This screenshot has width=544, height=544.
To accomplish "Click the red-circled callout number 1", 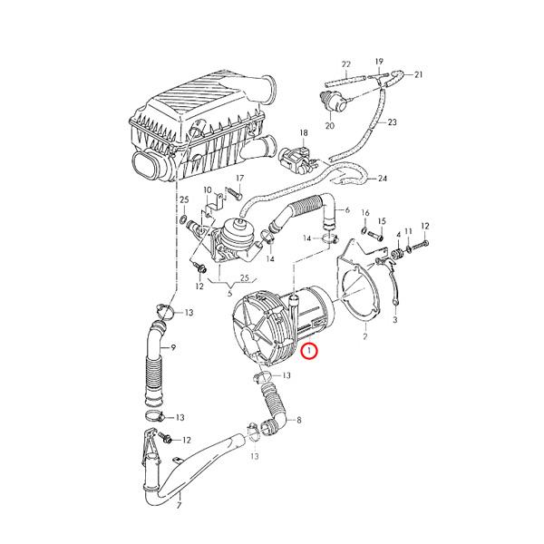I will tap(310, 350).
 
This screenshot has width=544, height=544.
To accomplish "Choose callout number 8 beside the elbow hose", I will tap(298, 420).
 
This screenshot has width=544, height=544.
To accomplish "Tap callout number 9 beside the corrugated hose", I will tap(172, 348).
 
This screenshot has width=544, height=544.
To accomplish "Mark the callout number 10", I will tap(207, 191).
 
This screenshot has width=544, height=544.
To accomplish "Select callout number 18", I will tap(305, 132).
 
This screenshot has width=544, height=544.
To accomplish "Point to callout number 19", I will tap(379, 58).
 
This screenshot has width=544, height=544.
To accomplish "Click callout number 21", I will tap(419, 74).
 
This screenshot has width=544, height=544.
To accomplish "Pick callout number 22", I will tap(345, 64).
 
